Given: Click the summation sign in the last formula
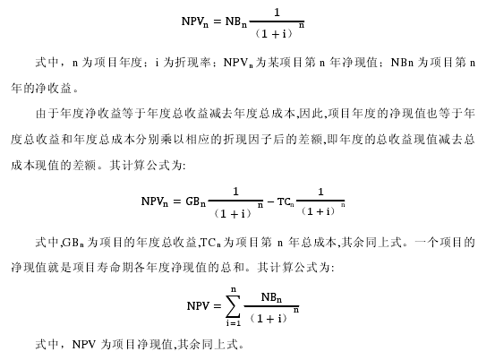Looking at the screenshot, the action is (234, 306).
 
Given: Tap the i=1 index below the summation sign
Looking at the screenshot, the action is (234, 322).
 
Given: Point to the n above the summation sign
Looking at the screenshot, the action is (234, 289).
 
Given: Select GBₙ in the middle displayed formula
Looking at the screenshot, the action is (195, 201).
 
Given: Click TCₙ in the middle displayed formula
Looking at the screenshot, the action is (286, 201).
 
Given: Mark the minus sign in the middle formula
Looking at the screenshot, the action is (270, 201).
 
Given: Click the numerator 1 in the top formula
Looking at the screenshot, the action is (277, 13).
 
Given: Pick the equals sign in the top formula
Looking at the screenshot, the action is (217, 21).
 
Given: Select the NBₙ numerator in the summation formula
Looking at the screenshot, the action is (271, 296).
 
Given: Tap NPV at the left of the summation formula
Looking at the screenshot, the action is (198, 305).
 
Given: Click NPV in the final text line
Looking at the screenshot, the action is (84, 345).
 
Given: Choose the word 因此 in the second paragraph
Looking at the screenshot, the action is (310, 114).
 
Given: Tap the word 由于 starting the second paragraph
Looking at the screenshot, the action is (47, 114).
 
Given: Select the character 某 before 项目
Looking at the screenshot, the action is (273, 63).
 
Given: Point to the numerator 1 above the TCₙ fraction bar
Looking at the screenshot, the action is (320, 192).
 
